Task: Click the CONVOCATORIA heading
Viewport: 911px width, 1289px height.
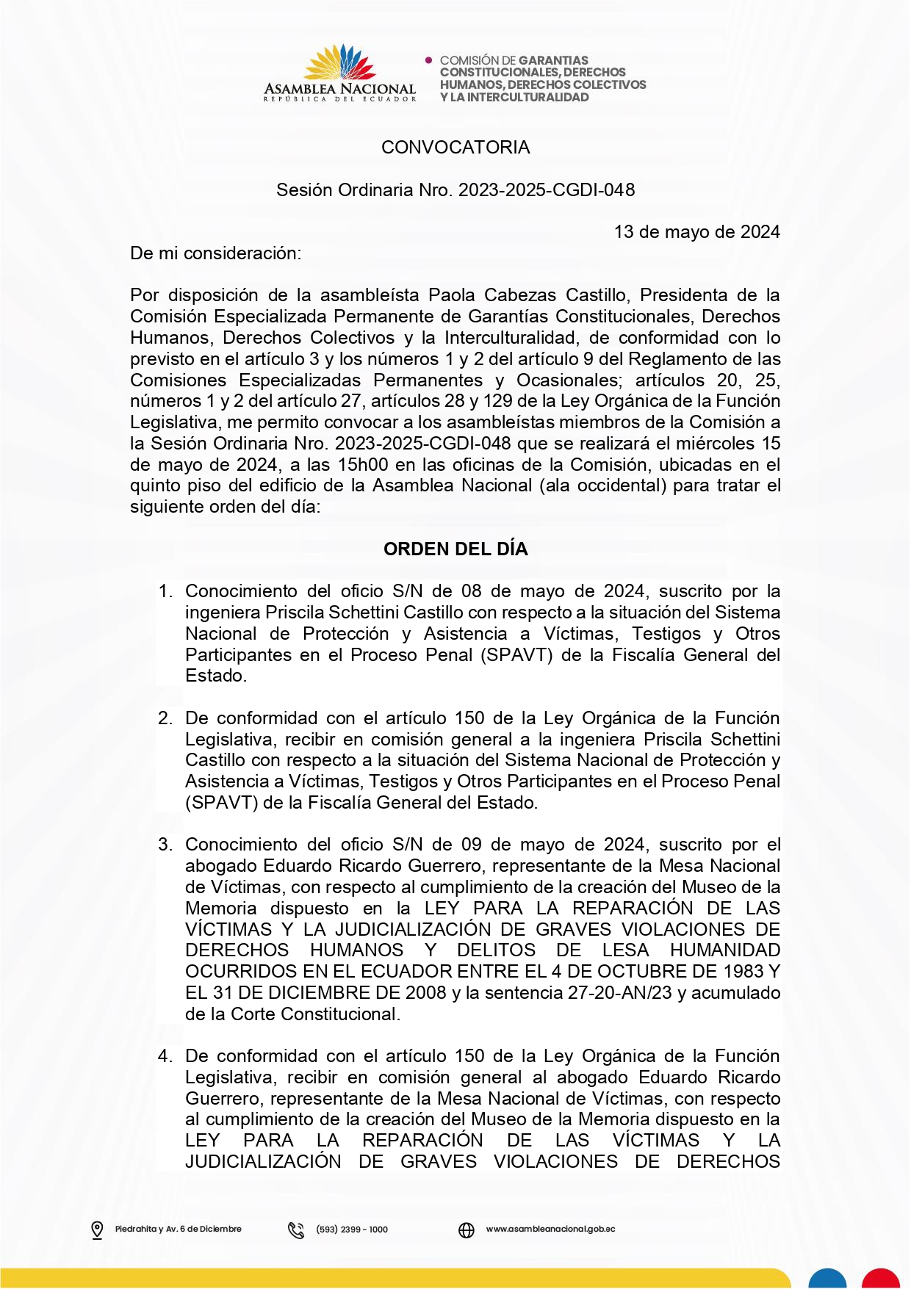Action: pos(455,148)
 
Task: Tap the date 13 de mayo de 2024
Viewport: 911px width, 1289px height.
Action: pos(696,232)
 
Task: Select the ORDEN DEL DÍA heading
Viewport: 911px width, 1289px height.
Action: pos(455,549)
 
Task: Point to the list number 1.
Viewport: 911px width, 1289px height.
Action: pos(165,591)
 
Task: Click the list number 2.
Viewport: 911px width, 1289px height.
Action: pos(165,718)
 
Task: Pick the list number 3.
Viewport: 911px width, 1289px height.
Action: pos(165,845)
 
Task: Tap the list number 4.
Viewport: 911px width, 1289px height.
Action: pos(165,1056)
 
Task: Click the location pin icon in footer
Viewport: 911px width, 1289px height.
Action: pos(97,1230)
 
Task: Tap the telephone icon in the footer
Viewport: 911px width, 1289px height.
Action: pos(296,1230)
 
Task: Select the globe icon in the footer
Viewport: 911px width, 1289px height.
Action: pos(467,1230)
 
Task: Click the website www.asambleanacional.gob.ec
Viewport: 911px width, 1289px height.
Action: pos(550,1229)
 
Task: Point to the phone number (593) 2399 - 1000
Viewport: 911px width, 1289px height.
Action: pos(352,1230)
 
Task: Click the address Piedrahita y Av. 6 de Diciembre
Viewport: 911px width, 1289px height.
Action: pos(178,1229)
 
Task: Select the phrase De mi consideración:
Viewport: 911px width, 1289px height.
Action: pos(215,253)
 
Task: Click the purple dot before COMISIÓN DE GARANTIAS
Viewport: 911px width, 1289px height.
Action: pos(429,59)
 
